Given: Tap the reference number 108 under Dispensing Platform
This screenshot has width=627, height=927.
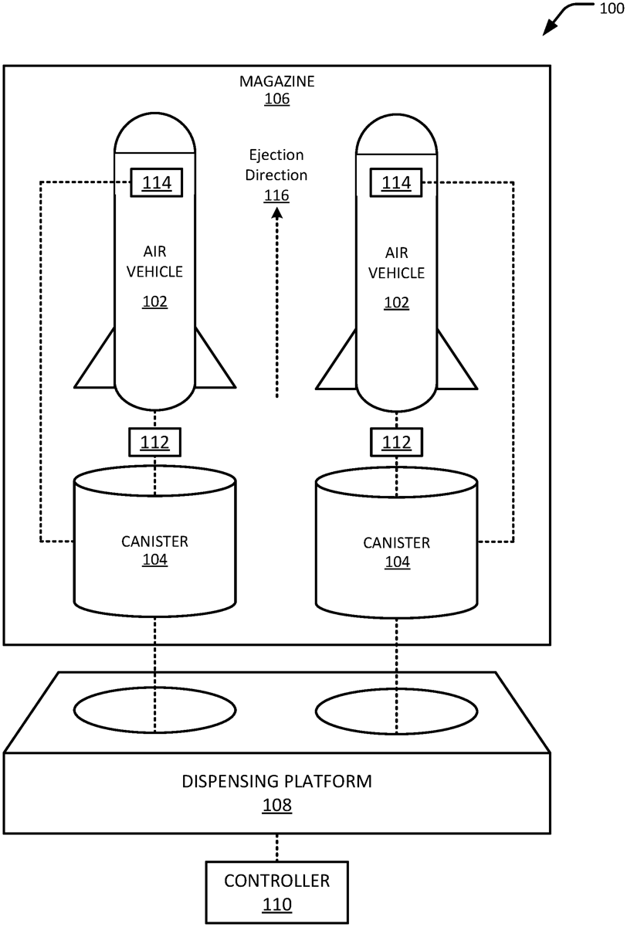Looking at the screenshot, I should [277, 806].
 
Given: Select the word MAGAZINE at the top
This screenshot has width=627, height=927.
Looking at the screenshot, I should [277, 81].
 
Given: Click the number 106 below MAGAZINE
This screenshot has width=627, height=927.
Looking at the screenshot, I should [277, 99].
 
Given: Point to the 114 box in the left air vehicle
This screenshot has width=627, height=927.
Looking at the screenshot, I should [155, 182].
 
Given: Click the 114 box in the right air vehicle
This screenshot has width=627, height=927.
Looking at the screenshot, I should [397, 182].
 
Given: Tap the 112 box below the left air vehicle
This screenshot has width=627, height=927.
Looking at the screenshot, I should [155, 442].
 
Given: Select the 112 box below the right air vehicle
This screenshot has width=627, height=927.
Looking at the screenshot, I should [397, 442].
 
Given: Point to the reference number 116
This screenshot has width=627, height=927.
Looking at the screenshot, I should [277, 195].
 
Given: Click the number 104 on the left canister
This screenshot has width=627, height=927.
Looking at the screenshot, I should [155, 561].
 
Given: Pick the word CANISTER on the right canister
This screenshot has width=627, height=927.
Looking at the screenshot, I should [397, 542].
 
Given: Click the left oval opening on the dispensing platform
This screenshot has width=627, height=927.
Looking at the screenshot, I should [155, 710].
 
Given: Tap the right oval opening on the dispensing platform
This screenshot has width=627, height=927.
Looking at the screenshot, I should [397, 710].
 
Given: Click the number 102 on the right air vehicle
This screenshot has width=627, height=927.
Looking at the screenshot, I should [397, 302].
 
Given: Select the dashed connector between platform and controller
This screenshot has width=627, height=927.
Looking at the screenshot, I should [277, 847].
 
